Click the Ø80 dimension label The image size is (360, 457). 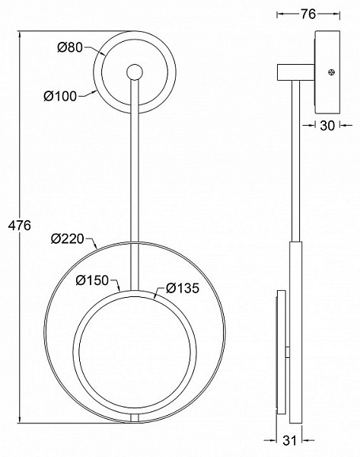pyautogui.click(x=70, y=47)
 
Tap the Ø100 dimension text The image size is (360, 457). pyautogui.click(x=60, y=96)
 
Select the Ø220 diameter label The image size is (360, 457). pyautogui.click(x=68, y=238)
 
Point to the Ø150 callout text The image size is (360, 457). pyautogui.click(x=92, y=280)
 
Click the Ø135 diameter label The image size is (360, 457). pyautogui.click(x=183, y=288)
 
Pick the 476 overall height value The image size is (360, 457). pyautogui.click(x=20, y=225)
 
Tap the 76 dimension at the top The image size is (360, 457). pyautogui.click(x=308, y=14)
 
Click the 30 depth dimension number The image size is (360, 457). pyautogui.click(x=328, y=126)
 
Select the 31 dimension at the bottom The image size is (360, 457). pyautogui.click(x=289, y=440)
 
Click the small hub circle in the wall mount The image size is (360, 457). pyautogui.click(x=134, y=72)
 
